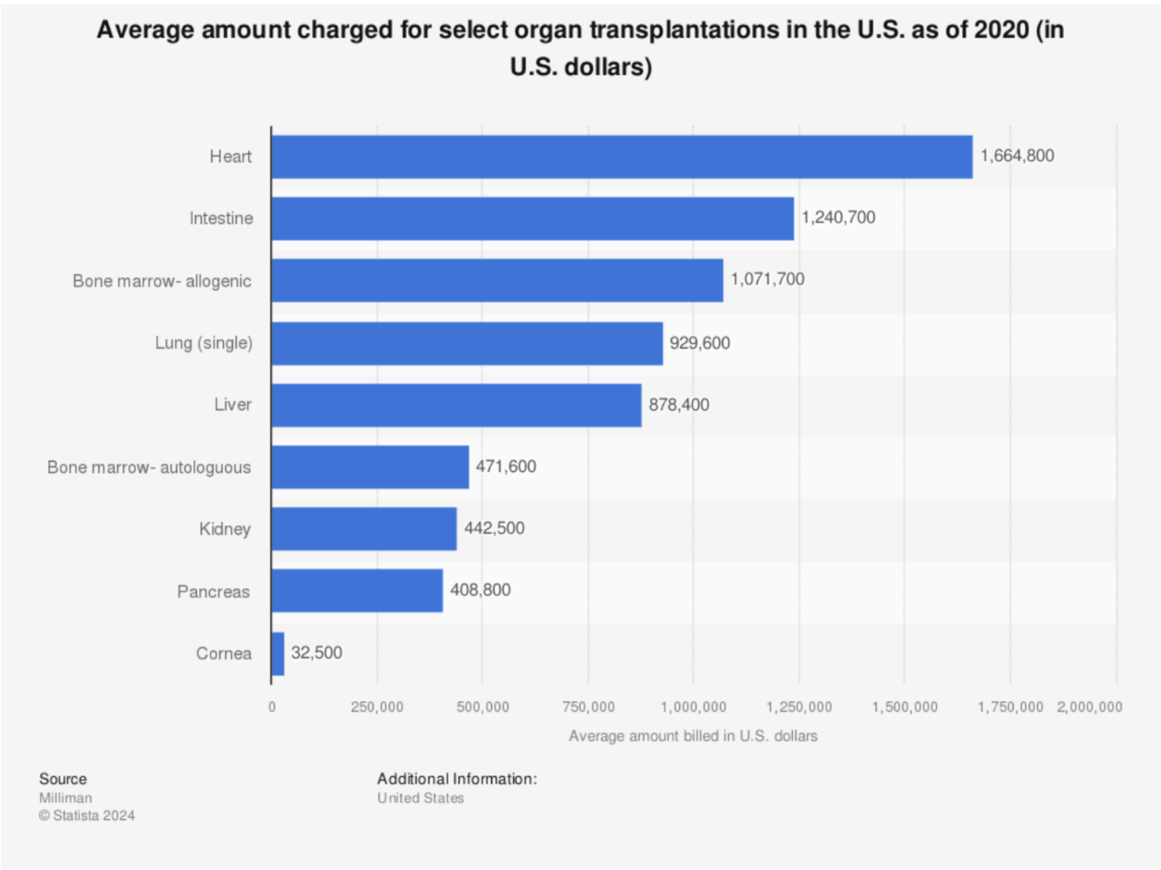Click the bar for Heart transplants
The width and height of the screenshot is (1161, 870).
pos(621,157)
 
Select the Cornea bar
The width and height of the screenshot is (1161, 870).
pos(278,653)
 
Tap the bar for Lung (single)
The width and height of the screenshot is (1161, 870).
pos(467,343)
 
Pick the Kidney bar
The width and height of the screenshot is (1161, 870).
pos(364,529)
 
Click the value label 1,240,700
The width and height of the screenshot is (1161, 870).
pos(838,218)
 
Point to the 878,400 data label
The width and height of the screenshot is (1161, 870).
pos(679,405)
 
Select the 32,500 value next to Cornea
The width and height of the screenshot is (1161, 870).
pos(316,653)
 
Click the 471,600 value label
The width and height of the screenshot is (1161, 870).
pos(505,466)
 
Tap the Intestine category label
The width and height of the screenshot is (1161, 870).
pos(221,218)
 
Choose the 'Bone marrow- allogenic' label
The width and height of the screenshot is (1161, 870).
pos(162,281)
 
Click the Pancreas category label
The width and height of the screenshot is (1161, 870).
pos(213,592)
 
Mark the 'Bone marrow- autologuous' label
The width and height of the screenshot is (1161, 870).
pos(149,468)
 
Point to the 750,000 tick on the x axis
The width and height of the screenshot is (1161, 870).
pos(588,707)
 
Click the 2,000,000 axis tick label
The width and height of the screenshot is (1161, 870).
pos(1089,707)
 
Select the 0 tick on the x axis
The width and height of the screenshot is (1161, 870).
pos(272,707)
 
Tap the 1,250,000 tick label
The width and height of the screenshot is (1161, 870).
pos(799,707)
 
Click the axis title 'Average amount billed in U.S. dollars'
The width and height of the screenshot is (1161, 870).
pos(693,736)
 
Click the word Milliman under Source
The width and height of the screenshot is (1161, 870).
pos(66,798)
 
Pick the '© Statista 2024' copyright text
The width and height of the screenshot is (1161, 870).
pos(87,816)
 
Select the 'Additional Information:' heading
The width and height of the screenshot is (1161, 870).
pos(457,779)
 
